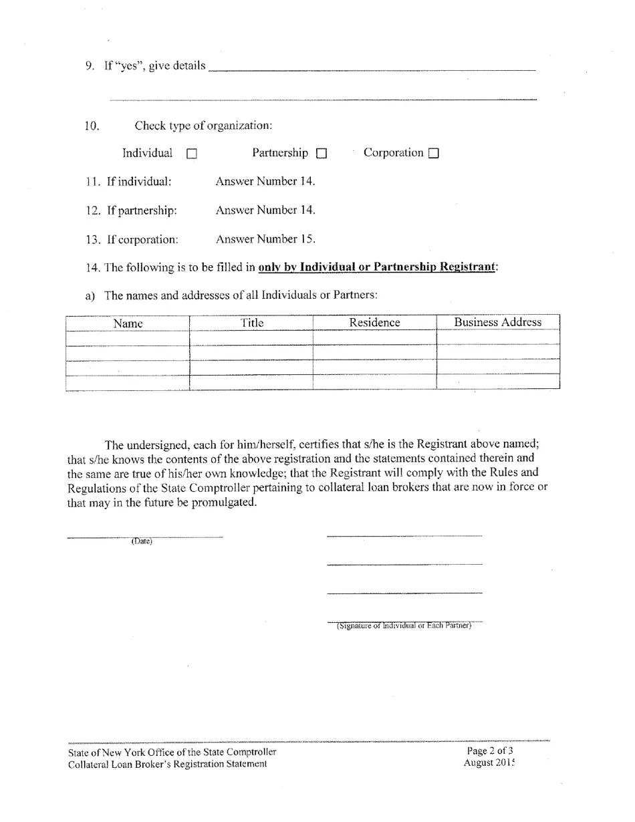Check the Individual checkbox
[192, 154]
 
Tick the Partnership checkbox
[322, 154]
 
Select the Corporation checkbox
[433, 154]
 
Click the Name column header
[128, 323]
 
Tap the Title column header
[252, 323]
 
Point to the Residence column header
[374, 323]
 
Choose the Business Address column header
[497, 322]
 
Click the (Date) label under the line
[142, 541]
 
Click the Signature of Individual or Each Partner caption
[404, 626]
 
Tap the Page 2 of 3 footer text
[490, 750]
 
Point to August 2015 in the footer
[489, 763]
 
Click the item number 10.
[92, 126]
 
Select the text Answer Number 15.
[265, 239]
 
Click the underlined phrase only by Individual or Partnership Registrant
[377, 267]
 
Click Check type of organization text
[203, 126]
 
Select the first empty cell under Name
[128, 338]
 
